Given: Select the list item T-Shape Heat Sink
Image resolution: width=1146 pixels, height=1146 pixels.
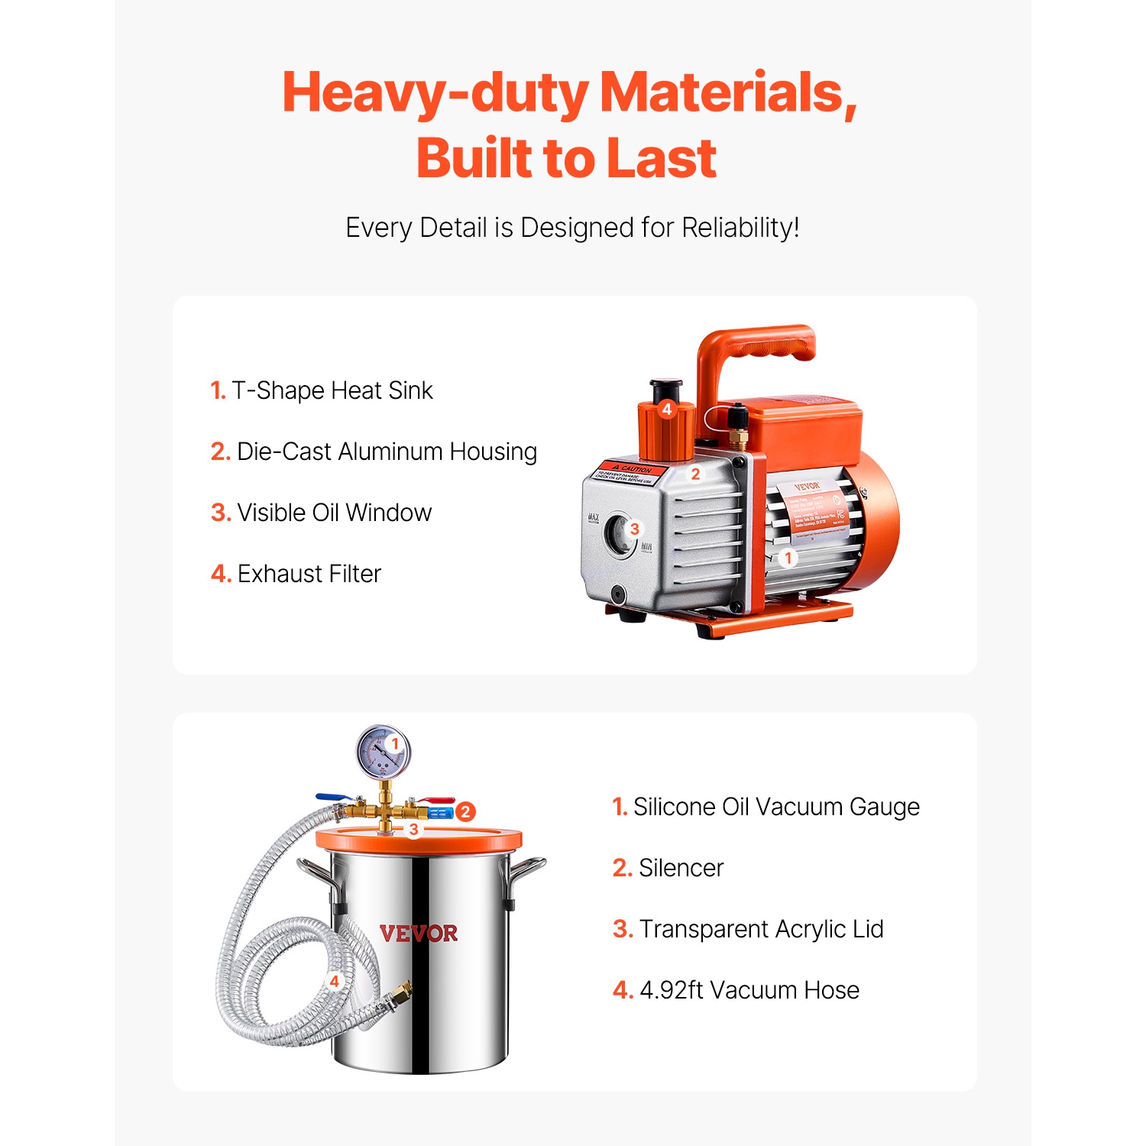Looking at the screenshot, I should tap(322, 390).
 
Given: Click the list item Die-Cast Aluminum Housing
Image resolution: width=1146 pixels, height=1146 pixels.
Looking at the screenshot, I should tap(374, 452).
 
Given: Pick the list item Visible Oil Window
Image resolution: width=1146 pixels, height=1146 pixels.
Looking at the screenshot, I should tap(322, 513).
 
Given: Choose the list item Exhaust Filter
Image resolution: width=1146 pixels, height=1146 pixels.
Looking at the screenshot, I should tap(296, 574).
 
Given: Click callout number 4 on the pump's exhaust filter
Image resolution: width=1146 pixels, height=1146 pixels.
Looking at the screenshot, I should tap(667, 410).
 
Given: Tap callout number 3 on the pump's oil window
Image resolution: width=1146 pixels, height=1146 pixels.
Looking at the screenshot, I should tap(634, 529).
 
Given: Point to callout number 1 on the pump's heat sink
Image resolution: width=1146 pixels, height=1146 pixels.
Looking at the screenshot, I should tap(788, 558).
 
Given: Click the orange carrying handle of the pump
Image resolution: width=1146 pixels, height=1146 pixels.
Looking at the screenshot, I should tap(756, 348).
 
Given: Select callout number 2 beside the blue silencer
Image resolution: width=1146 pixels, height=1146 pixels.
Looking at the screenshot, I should tap(465, 811).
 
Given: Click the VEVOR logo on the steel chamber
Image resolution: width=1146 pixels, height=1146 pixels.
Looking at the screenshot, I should tap(419, 934).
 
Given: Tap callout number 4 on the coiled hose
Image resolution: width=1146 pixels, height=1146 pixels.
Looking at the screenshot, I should tap(334, 981).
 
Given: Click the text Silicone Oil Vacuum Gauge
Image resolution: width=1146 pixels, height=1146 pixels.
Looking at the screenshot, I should tap(766, 807).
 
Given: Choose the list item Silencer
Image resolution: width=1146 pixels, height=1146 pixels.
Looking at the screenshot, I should tap(668, 868).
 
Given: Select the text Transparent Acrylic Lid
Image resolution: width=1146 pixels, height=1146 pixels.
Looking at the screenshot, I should tap(749, 929).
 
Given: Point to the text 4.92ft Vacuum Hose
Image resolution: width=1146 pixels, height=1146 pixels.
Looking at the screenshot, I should tap(736, 990).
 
